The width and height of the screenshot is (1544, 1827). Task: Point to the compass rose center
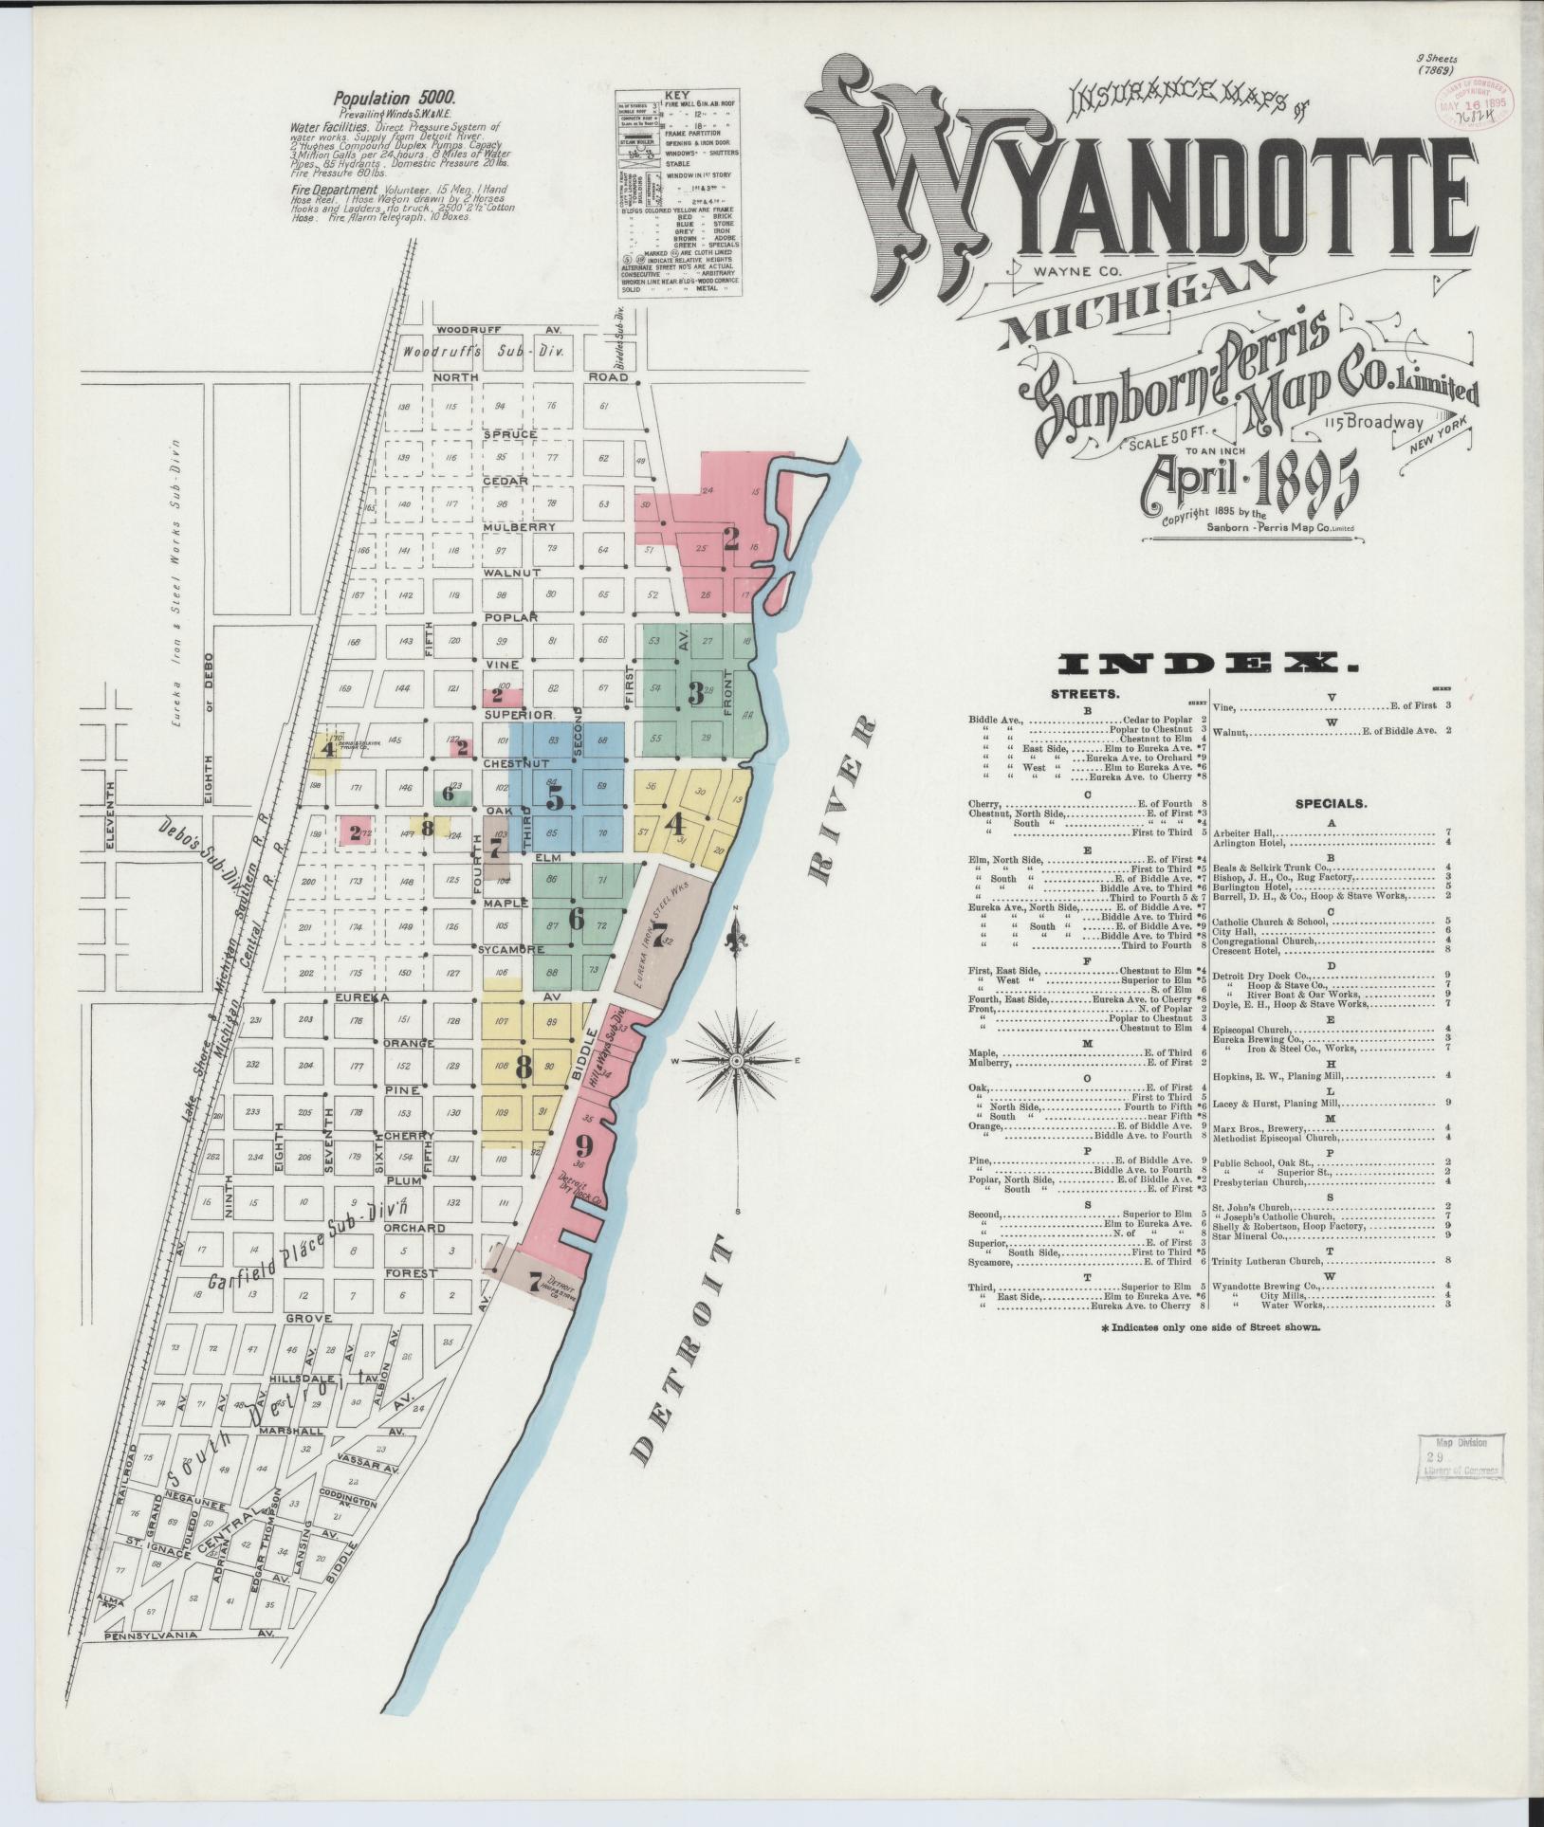click(x=737, y=1060)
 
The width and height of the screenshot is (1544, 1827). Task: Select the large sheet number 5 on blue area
click(x=555, y=798)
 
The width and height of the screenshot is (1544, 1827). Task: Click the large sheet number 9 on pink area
click(x=583, y=1144)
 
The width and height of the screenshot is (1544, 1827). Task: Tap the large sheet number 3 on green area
click(x=696, y=694)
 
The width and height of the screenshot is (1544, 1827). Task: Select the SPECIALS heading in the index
click(x=1331, y=803)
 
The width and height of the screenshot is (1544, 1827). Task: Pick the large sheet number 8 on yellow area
click(x=523, y=1067)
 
